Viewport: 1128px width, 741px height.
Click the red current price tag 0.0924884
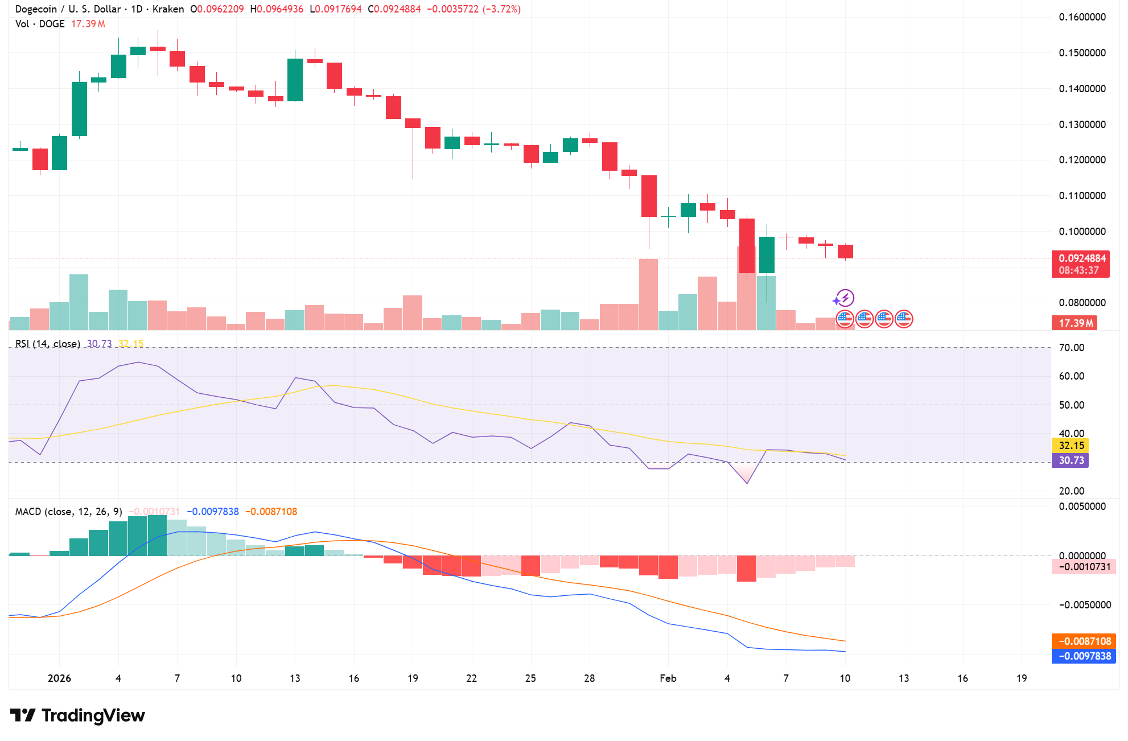coord(1081,258)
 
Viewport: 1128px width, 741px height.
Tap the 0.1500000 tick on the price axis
coord(1082,53)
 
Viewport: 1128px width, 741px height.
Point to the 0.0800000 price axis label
coord(1082,303)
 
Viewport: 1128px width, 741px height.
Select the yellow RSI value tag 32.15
coord(1071,446)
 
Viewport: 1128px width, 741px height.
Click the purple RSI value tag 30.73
coord(1071,460)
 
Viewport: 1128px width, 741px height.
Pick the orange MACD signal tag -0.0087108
coord(1084,641)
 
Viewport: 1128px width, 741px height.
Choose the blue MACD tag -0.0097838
coord(1084,656)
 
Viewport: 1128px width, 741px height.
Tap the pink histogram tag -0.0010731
coord(1084,567)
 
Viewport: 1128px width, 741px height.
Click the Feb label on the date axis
coord(668,678)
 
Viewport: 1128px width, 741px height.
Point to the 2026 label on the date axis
coord(59,678)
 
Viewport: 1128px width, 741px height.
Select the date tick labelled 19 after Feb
coord(1022,678)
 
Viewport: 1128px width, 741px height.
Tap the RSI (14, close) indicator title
coord(47,344)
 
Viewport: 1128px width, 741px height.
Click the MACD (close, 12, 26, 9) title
coord(68,512)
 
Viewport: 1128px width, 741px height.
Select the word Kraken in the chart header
coord(168,9)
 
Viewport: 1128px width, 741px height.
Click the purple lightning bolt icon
coord(846,298)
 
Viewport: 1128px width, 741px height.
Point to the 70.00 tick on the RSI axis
coord(1071,348)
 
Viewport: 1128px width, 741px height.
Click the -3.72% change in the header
coord(501,9)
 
